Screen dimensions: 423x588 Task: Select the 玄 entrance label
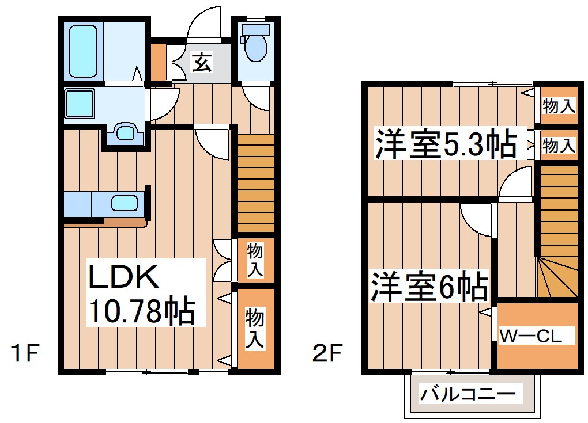201,61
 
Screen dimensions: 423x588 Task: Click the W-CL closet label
530,336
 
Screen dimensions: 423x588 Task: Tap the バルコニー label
467,395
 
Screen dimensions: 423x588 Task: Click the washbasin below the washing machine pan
124,133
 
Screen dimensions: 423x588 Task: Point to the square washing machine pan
80,104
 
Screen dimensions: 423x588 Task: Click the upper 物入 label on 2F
559,106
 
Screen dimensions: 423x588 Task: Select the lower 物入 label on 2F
559,146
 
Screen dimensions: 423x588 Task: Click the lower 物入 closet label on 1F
255,328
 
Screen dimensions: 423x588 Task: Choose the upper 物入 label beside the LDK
255,260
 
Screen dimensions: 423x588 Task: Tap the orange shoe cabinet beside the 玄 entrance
158,61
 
